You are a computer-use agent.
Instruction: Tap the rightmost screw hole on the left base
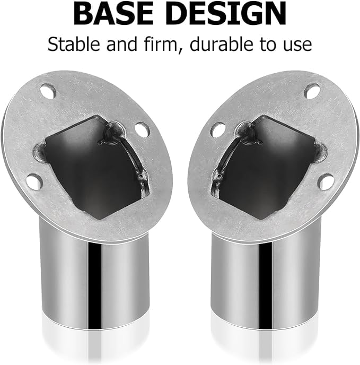point(142,128)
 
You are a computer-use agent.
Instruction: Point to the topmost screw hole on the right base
point(311,91)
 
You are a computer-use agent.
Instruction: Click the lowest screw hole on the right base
point(326,182)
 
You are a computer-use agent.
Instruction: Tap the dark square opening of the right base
point(270,159)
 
